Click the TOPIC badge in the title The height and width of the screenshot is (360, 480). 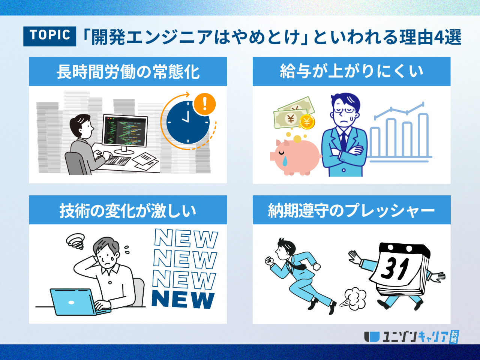[x=49, y=36]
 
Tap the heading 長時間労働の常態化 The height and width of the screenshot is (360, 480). [x=128, y=72]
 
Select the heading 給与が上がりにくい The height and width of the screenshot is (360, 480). [x=351, y=71]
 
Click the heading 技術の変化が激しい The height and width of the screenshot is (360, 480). [x=128, y=210]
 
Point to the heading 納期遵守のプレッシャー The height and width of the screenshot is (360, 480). [x=351, y=210]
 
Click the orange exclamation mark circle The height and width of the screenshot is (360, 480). [x=204, y=104]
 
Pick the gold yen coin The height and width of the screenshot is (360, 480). [x=307, y=122]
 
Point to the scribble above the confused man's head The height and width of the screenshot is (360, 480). [x=76, y=241]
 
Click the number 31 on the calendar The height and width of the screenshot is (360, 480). [x=395, y=268]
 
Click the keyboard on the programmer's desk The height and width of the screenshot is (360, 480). [x=117, y=160]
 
